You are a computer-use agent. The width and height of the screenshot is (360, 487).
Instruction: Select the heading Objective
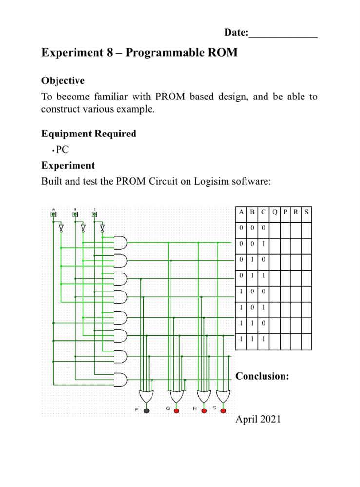coord(63,80)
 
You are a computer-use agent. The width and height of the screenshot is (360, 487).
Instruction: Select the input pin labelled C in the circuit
coord(95,214)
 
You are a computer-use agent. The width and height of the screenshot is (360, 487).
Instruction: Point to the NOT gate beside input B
coord(83,228)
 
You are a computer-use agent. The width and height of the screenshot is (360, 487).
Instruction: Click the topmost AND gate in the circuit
coord(120,242)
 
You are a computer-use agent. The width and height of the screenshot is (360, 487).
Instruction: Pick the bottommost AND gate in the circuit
coord(120,379)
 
